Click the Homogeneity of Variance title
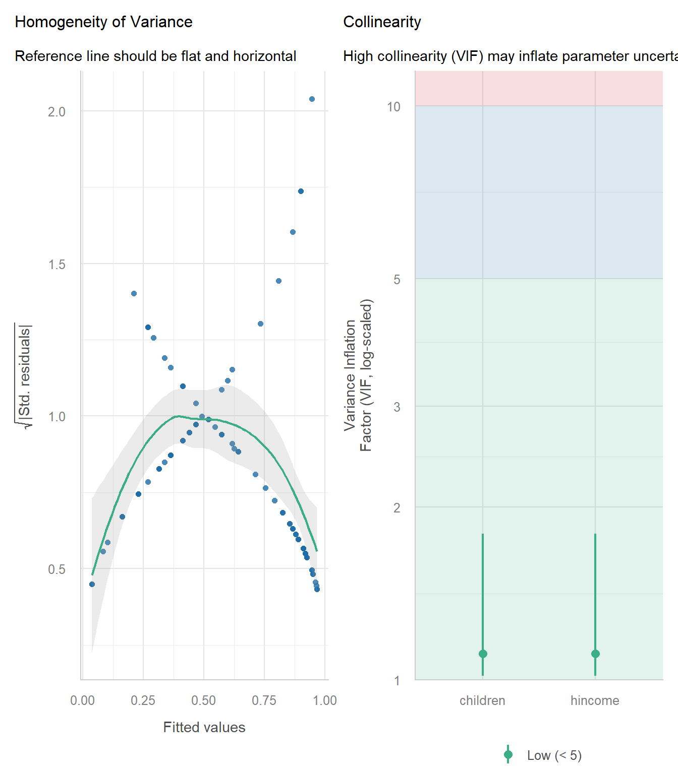103,22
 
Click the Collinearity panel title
382,22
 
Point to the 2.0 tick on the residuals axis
56,112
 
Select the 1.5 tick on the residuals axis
56,265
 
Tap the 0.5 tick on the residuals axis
56,569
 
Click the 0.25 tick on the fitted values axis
143,700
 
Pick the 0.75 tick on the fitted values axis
264,700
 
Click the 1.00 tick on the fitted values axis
324,700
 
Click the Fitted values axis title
204,727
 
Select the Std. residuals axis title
24,375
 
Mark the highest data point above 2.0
312,99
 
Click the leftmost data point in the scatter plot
92,584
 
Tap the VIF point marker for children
483,654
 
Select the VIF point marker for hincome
595,654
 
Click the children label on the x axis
482,700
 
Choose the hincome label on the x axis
595,700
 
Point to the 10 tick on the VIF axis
393,107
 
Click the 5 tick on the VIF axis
397,280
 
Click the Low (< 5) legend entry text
554,755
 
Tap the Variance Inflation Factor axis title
358,375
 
